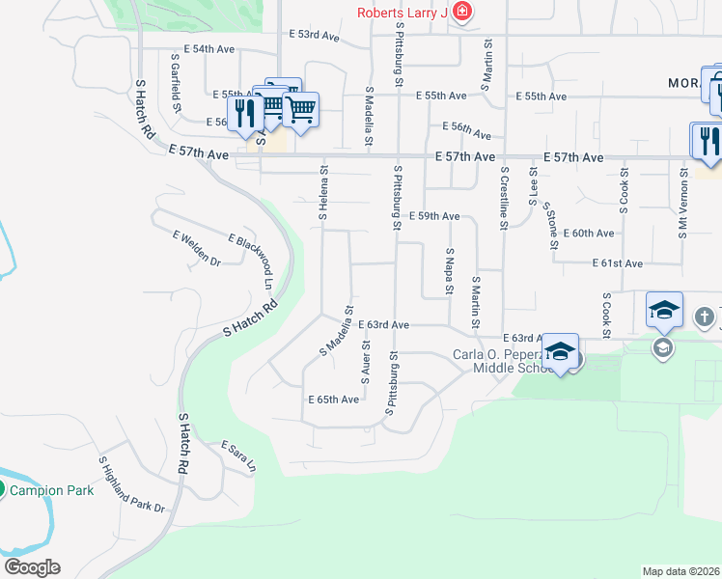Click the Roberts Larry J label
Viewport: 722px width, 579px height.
(402, 13)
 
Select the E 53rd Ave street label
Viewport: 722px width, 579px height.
(315, 35)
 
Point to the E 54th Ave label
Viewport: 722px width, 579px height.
(208, 48)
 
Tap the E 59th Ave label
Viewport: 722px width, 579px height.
(434, 216)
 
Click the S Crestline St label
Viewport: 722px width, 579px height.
(503, 197)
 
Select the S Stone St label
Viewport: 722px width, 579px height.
(550, 225)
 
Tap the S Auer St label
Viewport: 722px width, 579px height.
(366, 360)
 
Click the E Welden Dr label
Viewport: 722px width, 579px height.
(197, 248)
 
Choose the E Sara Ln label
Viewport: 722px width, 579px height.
(238, 455)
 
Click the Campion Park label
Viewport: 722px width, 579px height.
(52, 490)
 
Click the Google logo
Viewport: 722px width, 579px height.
(32, 567)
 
